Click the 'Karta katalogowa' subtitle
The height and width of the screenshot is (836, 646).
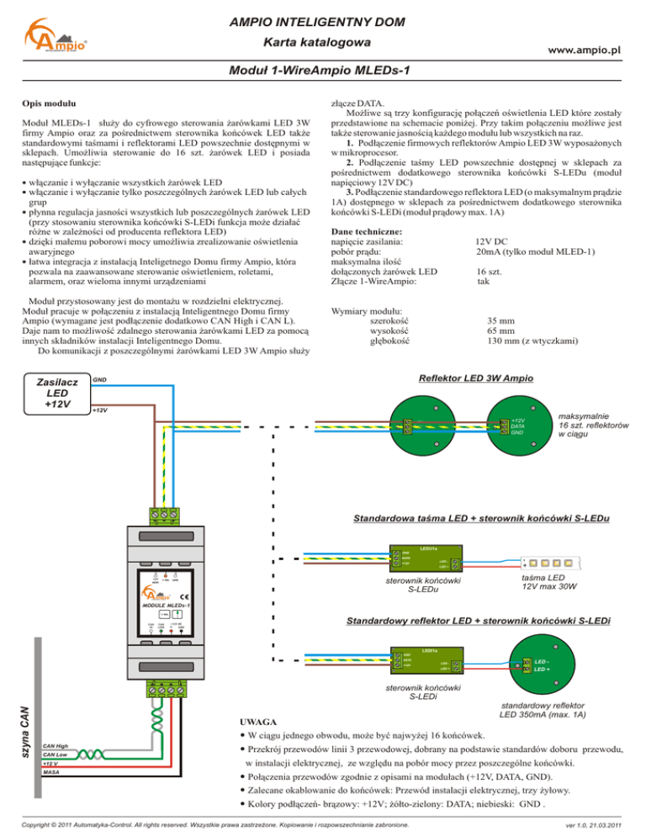point(323,41)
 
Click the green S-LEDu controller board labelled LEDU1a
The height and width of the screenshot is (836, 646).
point(425,559)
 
